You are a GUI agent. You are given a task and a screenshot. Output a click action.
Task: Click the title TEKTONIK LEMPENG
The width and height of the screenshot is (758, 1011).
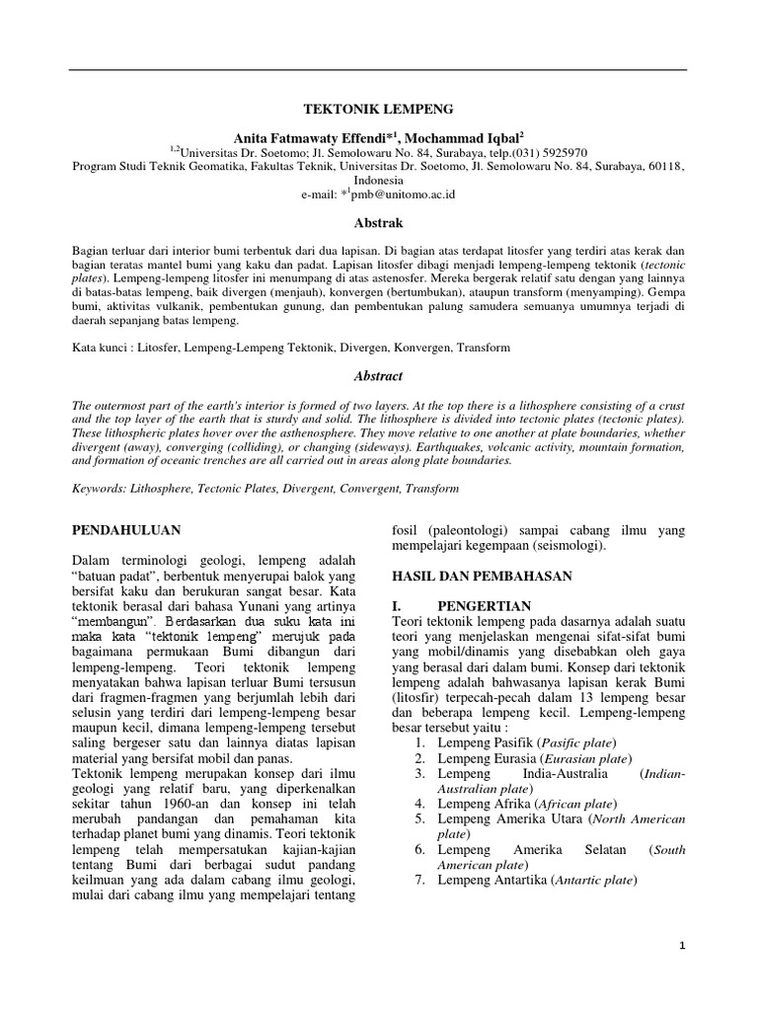point(378,113)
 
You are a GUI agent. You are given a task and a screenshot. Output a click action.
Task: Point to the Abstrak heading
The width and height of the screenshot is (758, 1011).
point(378,224)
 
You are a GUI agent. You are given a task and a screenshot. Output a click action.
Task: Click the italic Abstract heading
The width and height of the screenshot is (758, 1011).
point(378,376)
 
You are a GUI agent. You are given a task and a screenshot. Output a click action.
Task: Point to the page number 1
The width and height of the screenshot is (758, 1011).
point(681,947)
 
